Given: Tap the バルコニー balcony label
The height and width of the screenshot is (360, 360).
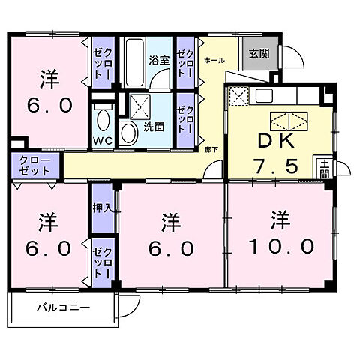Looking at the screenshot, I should pos(64,308).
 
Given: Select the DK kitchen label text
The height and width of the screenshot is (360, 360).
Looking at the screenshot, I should pos(279,141).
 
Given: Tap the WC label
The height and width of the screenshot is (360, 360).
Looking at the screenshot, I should pos(103,140).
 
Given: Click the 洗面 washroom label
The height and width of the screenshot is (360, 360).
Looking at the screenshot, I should pos(154,127).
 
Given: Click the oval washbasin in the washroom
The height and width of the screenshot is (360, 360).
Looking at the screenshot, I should pos(128,133).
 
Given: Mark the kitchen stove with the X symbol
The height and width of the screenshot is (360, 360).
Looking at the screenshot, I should pos(238,97).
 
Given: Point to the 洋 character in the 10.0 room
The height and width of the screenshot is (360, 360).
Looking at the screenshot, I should pos(280,220).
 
